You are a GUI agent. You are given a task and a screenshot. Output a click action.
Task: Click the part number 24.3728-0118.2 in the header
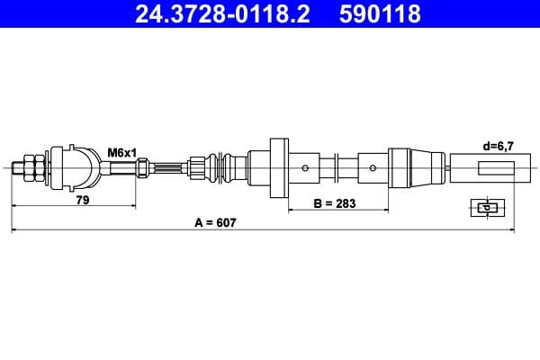[x=222, y=13]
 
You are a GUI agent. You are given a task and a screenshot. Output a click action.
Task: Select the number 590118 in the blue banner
[x=380, y=13]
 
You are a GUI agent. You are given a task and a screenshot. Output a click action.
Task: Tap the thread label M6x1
[x=121, y=153]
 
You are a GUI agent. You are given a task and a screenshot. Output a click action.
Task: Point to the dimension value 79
[x=83, y=200]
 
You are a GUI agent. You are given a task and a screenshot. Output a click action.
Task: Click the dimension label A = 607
[x=216, y=223]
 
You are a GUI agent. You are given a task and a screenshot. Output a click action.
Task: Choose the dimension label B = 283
[x=335, y=203]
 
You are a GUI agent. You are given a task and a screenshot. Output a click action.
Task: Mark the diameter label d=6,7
[x=498, y=147]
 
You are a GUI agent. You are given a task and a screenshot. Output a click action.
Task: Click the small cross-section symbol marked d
[x=488, y=208]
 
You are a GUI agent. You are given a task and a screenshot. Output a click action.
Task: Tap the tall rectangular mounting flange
[x=279, y=168]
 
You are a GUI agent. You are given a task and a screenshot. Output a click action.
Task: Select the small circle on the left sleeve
[x=305, y=168]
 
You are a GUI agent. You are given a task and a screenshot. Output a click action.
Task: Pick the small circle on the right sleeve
[x=373, y=168]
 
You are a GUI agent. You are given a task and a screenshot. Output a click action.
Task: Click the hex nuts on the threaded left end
[x=34, y=168]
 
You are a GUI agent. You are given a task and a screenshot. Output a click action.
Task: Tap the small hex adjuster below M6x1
[x=142, y=167]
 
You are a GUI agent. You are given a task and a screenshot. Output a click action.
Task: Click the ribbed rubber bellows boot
[x=221, y=168]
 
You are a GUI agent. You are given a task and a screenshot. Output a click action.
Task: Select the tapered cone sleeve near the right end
[x=426, y=168]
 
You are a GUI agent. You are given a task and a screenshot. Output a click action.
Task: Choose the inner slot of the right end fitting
[x=496, y=167]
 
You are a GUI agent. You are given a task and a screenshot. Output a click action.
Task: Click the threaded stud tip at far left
[x=17, y=168]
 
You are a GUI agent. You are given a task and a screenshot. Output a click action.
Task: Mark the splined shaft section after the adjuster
[x=167, y=168]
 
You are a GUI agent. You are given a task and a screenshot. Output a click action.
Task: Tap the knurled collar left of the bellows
[x=196, y=168]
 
